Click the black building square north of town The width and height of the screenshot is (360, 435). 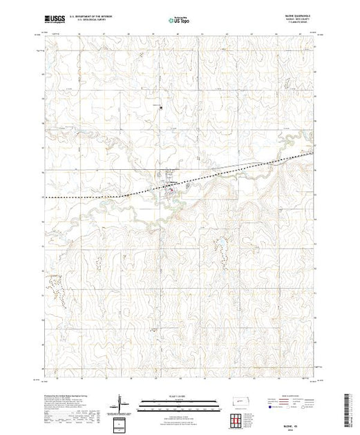[x=161, y=107]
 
